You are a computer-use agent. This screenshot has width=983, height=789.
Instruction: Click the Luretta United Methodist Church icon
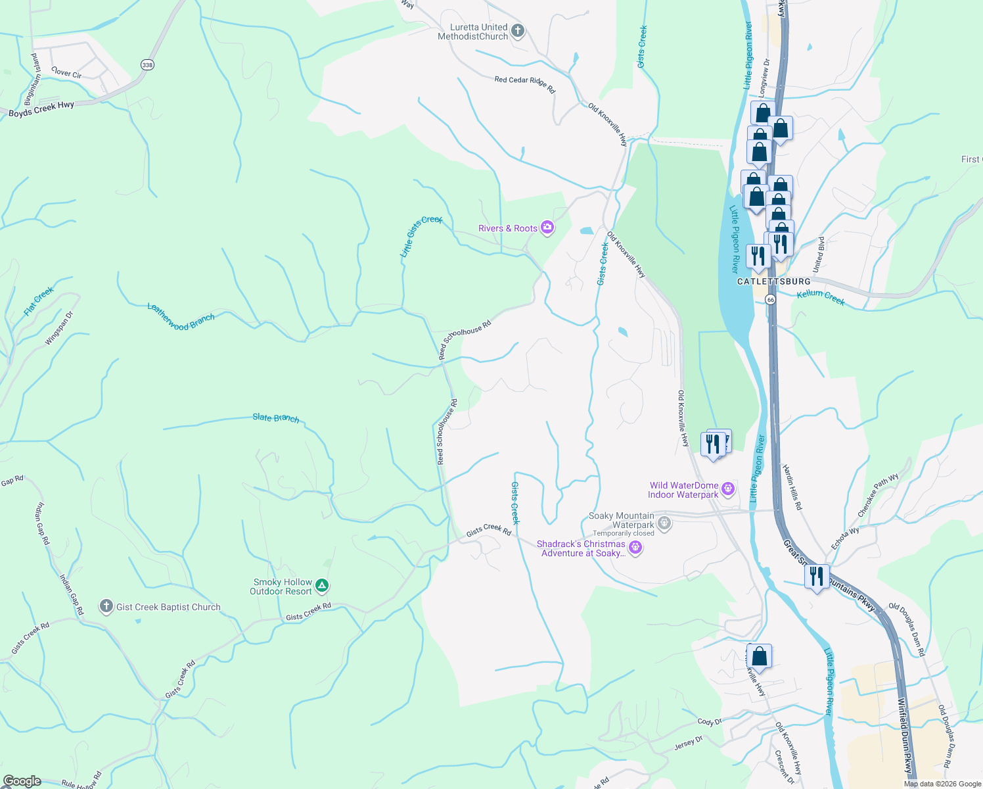[518, 31]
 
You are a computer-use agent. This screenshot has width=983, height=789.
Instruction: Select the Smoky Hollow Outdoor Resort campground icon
[321, 585]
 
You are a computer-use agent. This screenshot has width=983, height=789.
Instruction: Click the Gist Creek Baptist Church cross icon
[106, 606]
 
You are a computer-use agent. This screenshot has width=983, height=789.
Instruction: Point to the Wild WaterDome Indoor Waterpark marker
[727, 489]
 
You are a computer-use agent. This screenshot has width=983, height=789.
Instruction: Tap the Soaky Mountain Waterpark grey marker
[664, 523]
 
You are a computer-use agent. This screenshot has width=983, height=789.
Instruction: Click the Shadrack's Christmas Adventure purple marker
[635, 548]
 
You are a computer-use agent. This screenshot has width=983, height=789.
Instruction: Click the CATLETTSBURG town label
[773, 281]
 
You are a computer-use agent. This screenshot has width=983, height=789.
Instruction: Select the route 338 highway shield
[147, 64]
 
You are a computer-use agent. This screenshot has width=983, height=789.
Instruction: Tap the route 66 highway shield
[771, 299]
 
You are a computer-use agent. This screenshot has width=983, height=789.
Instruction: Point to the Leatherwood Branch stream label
[181, 318]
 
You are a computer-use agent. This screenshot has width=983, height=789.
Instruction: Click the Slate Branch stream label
[276, 418]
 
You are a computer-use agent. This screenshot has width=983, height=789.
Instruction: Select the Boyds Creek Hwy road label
[41, 109]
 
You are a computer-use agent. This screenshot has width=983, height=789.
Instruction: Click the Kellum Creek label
[820, 297]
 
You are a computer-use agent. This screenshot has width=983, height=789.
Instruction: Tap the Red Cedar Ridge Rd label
[524, 84]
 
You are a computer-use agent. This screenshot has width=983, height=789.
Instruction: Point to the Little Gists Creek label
[421, 236]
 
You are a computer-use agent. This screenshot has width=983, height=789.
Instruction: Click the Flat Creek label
[39, 301]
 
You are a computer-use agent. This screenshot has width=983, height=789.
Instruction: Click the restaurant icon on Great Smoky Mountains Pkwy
[816, 577]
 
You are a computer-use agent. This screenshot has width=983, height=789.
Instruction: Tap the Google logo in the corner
[22, 780]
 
